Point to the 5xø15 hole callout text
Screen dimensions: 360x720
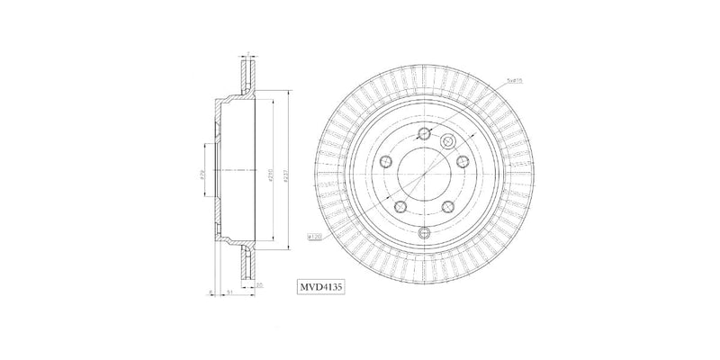(517, 80)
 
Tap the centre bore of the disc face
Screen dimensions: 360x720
(422, 171)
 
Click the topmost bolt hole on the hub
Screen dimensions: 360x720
(422, 134)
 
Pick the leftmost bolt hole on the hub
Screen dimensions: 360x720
(386, 161)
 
